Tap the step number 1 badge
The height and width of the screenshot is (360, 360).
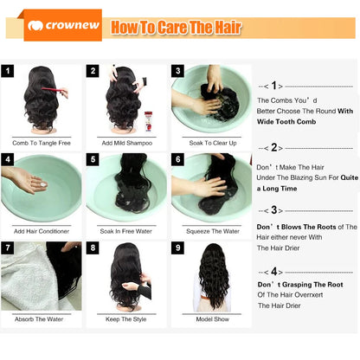(9, 71)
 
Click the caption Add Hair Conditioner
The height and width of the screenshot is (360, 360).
(41, 230)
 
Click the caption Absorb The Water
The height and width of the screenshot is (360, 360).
(41, 319)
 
